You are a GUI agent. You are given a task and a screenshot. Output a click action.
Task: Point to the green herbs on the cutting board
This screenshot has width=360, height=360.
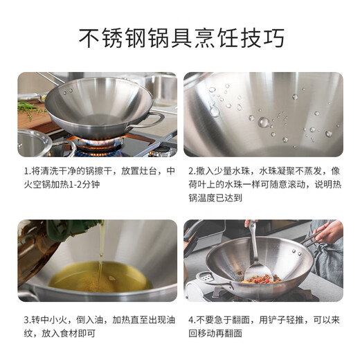click(x=32, y=109)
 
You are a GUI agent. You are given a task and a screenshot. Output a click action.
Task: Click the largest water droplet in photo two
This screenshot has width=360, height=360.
click(x=263, y=123)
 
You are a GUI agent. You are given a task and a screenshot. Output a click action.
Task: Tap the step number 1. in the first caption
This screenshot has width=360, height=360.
click(x=27, y=170)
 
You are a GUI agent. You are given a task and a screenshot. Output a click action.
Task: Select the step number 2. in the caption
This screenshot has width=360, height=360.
click(x=192, y=170)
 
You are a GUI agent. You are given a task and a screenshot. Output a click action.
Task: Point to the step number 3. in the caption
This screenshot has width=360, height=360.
click(x=27, y=321)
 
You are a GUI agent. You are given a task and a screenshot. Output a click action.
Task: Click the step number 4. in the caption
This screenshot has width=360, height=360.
click(x=192, y=321)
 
